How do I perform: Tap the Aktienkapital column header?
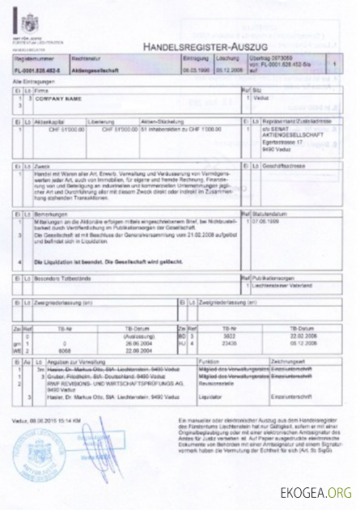[x=48, y=120]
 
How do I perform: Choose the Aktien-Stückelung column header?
[x=161, y=120]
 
